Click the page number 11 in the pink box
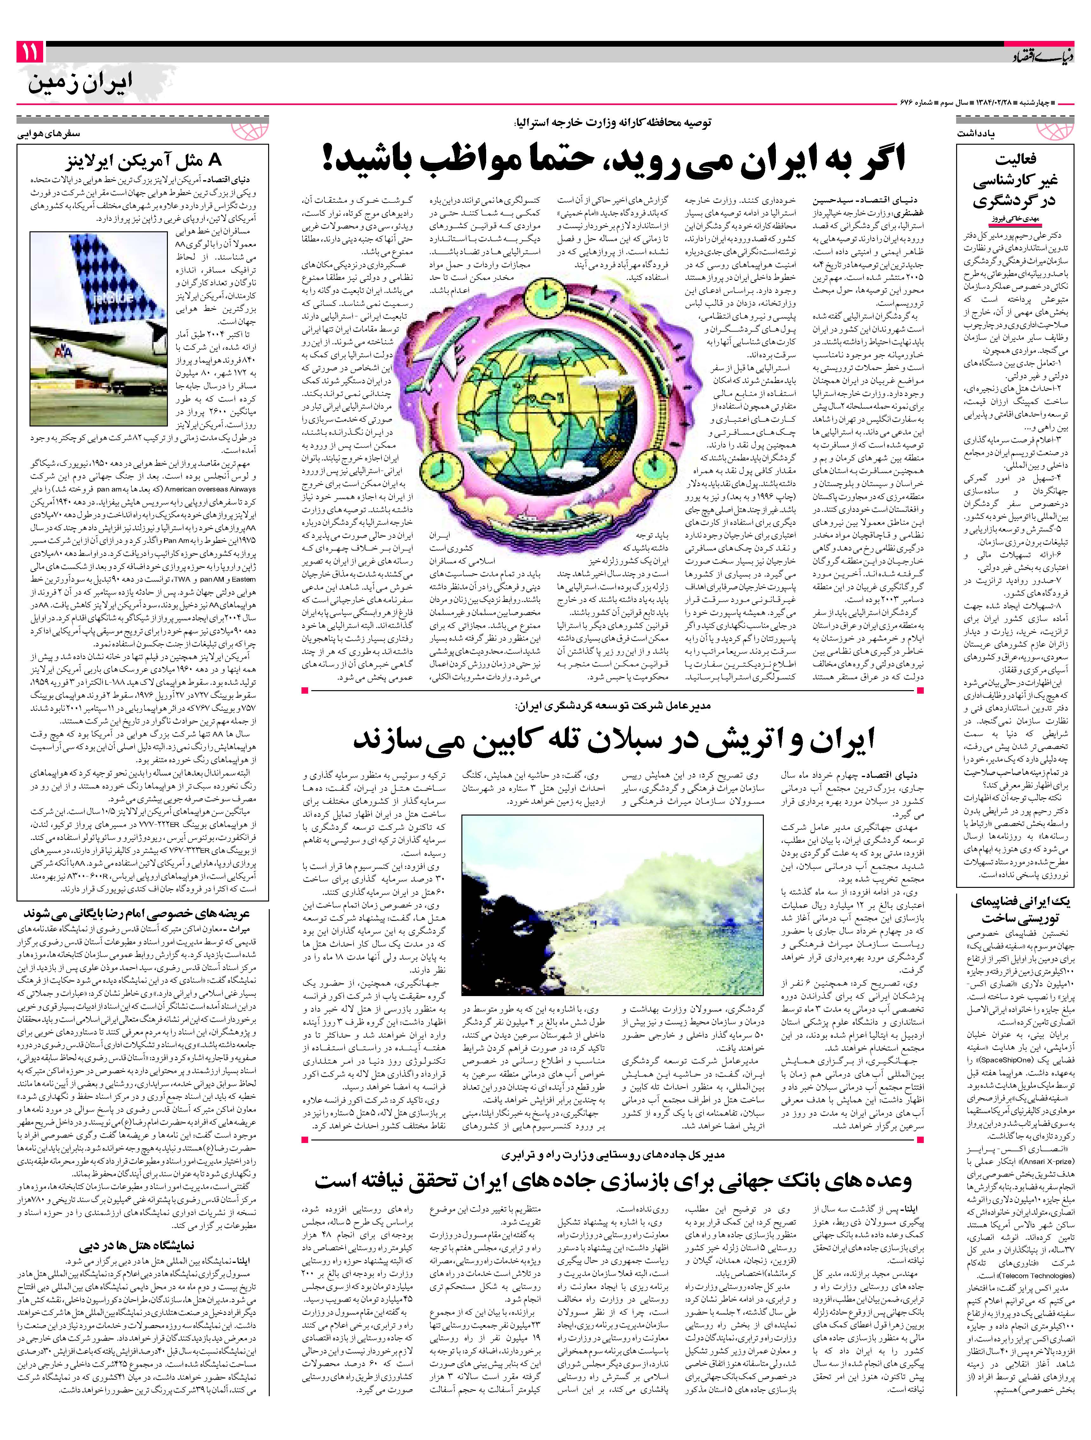pos(29,52)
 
